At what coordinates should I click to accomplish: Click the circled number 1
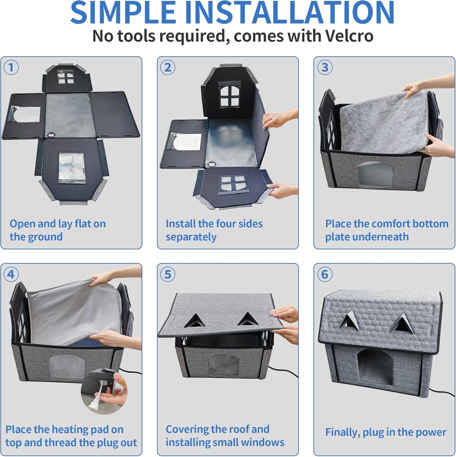pos(11,67)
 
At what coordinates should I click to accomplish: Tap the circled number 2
pos(168,67)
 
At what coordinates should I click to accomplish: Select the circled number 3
pos(325,67)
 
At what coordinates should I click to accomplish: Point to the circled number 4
pos(11,274)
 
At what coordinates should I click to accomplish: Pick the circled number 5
pos(168,274)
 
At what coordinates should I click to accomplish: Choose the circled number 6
pos(325,274)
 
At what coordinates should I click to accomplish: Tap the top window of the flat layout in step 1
pos(66,77)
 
